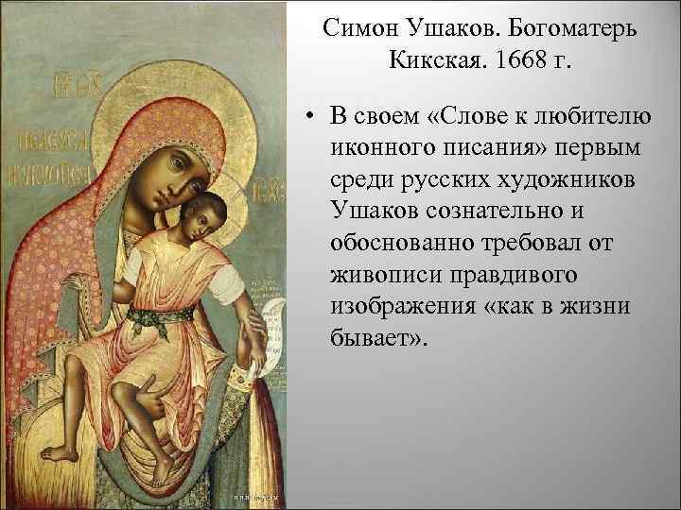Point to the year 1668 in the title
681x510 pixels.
tap(508, 63)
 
